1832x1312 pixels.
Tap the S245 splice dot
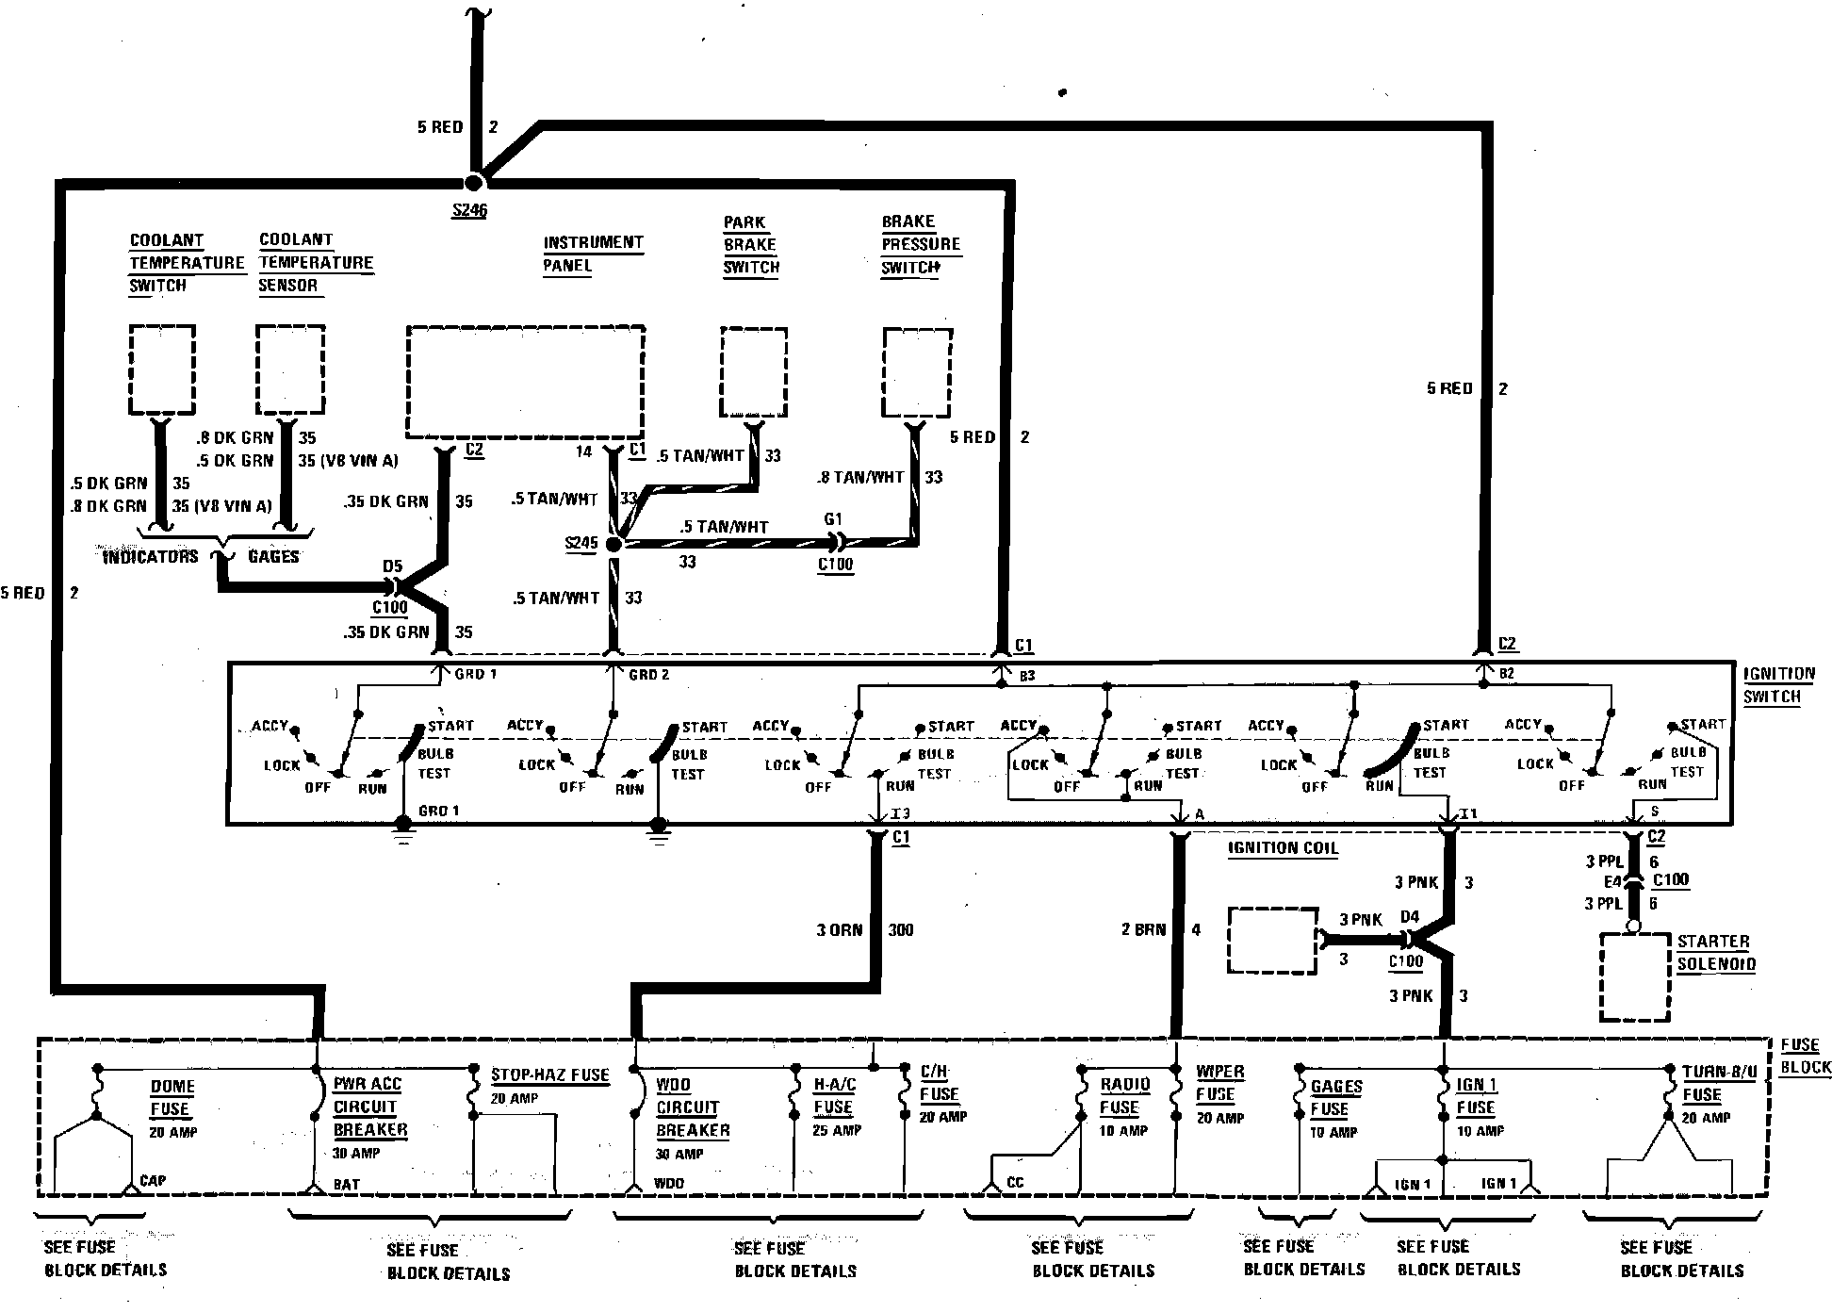(x=613, y=545)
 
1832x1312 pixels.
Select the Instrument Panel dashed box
(x=525, y=382)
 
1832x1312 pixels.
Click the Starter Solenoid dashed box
(x=1635, y=977)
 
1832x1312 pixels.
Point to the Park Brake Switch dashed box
(x=753, y=371)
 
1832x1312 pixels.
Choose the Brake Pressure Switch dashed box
(x=916, y=372)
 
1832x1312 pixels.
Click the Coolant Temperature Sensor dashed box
(x=290, y=369)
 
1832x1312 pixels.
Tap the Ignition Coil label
(x=1283, y=848)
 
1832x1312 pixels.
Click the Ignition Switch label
(x=1777, y=685)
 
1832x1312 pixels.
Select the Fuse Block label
(x=1804, y=1056)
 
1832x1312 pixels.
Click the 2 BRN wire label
(x=1143, y=929)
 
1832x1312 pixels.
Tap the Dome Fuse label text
(x=172, y=1098)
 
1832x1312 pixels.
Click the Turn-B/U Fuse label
(x=1719, y=1084)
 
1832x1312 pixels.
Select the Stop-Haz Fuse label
(x=549, y=1075)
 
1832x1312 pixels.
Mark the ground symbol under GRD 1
(x=403, y=829)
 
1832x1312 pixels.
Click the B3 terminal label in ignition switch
(x=1026, y=676)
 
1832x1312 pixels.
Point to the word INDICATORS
(x=150, y=557)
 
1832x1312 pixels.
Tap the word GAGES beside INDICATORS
(x=273, y=557)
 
